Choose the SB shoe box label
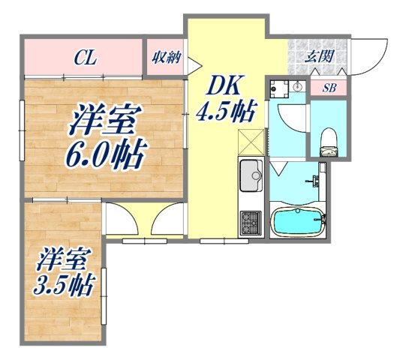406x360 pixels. tap(329, 88)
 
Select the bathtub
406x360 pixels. tap(297, 222)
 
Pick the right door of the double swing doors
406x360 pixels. tap(167, 221)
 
